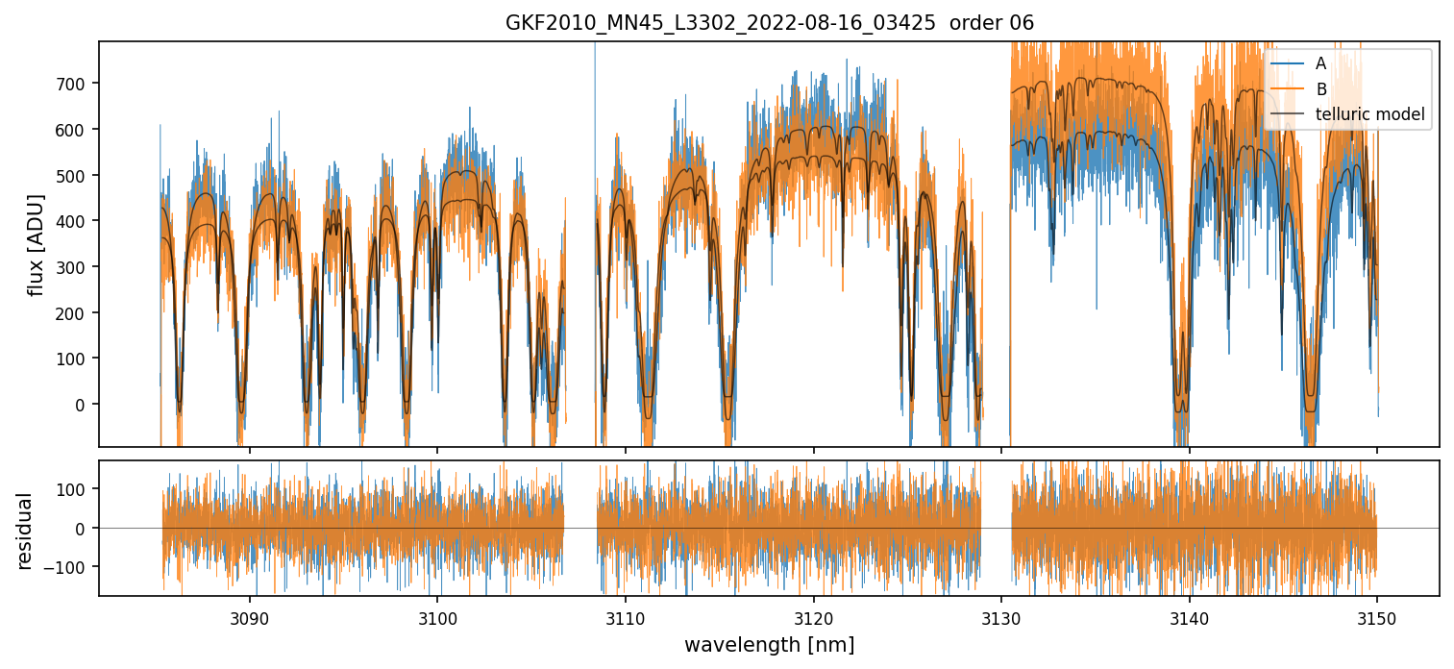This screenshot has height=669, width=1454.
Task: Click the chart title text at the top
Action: [769, 23]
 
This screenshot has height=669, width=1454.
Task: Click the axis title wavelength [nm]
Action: [769, 644]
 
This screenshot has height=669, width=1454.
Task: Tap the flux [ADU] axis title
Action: [37, 244]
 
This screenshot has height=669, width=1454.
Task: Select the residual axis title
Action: [25, 530]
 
